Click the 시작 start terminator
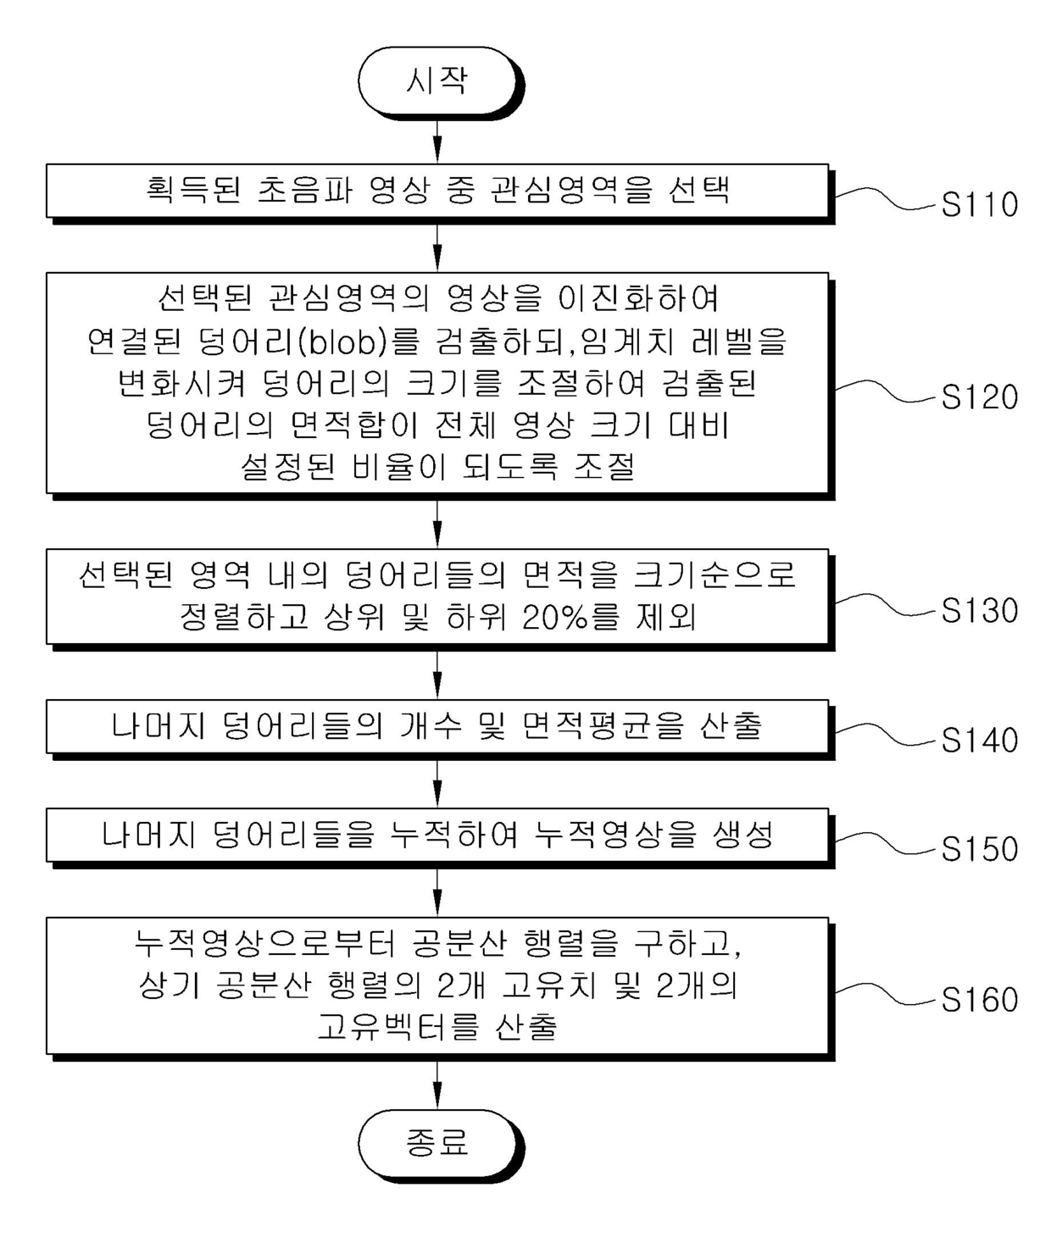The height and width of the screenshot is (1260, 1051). pyautogui.click(x=437, y=81)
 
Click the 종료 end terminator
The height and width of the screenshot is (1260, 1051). pyautogui.click(x=437, y=1142)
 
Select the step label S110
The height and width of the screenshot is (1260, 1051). pyautogui.click(x=979, y=205)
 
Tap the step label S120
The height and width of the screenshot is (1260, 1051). pyautogui.click(x=979, y=397)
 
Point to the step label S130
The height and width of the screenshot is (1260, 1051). pyautogui.click(x=979, y=611)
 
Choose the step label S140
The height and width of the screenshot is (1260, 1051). pyautogui.click(x=979, y=741)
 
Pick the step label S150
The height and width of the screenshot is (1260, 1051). pyautogui.click(x=979, y=849)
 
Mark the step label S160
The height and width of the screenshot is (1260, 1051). pyautogui.click(x=979, y=1000)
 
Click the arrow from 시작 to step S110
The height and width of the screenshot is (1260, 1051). pyautogui.click(x=437, y=140)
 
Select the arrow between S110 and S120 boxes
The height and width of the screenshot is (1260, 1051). pyautogui.click(x=437, y=247)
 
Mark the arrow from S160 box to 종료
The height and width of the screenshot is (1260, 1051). pyautogui.click(x=437, y=1085)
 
